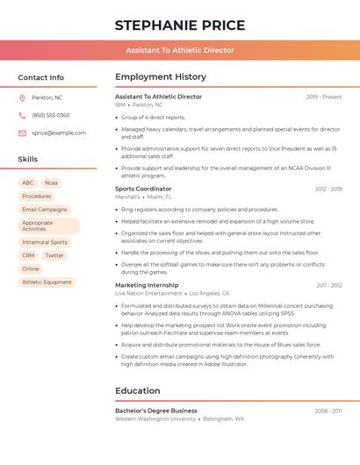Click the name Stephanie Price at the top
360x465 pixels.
(179, 25)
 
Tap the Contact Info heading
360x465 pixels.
(41, 77)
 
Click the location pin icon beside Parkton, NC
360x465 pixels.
(22, 97)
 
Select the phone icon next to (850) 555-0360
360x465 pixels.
(22, 115)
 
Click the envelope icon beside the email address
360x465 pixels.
(22, 132)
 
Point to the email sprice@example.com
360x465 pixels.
(59, 132)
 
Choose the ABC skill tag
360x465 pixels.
(28, 183)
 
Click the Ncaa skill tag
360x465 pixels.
(51, 183)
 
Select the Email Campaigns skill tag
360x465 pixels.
(45, 210)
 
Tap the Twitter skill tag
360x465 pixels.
(54, 255)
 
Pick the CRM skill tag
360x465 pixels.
(28, 255)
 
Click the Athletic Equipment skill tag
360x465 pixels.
(47, 283)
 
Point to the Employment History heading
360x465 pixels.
(161, 77)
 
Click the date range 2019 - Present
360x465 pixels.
(324, 97)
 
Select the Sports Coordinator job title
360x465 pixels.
(143, 189)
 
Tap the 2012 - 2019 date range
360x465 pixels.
(328, 189)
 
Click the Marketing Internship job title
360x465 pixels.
(147, 285)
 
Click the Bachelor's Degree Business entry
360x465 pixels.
(156, 411)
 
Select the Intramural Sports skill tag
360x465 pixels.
(45, 242)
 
